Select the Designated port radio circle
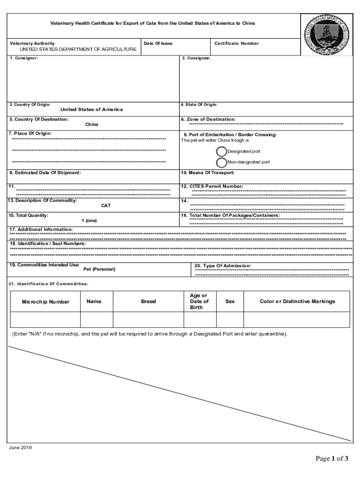pos(222,152)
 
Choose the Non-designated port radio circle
pos(222,162)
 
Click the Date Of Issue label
pos(158,44)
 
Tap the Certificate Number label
pos(236,44)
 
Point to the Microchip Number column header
pos(45,302)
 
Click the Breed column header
pos(148,302)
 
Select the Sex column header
pos(230,302)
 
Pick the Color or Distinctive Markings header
pos(297,302)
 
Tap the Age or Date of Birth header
pos(199,302)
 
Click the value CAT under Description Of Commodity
pos(106,206)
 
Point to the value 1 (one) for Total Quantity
pos(89,221)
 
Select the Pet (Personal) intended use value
pos(99,269)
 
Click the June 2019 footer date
pos(21,448)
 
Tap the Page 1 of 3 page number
pos(332,458)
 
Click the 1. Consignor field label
pos(23,58)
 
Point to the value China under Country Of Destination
pos(92,125)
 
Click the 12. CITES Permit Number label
pos(212,186)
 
